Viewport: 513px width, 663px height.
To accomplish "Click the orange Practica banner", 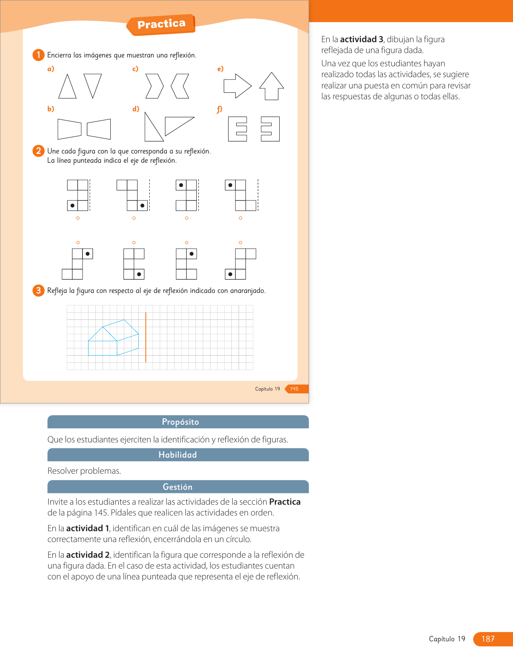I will [161, 25].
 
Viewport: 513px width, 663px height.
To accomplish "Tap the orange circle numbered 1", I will [38, 55].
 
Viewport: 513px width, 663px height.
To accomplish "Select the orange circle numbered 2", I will [38, 151].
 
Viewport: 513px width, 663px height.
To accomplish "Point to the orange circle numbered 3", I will [38, 291].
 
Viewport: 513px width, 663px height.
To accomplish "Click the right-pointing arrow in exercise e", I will [237, 86].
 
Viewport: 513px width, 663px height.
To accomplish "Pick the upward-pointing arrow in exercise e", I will [272, 86].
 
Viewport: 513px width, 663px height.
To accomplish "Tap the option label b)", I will [51, 109].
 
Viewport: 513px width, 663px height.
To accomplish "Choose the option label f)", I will [220, 109].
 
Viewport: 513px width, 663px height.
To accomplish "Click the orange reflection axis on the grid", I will [146, 338].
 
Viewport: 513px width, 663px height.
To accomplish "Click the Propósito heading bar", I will [178, 422].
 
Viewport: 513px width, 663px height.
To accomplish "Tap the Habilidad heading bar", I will [178, 455].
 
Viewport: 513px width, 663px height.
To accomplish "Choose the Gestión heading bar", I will [178, 487].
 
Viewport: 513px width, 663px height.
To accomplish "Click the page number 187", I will [488, 639].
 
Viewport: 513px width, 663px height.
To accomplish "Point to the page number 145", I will [294, 389].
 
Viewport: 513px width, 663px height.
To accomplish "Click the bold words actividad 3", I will [362, 39].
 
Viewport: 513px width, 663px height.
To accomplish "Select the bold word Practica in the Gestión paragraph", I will [285, 502].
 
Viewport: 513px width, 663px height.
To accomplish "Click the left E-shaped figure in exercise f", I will [237, 129].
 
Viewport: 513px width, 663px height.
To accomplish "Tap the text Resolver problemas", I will [84, 471].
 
